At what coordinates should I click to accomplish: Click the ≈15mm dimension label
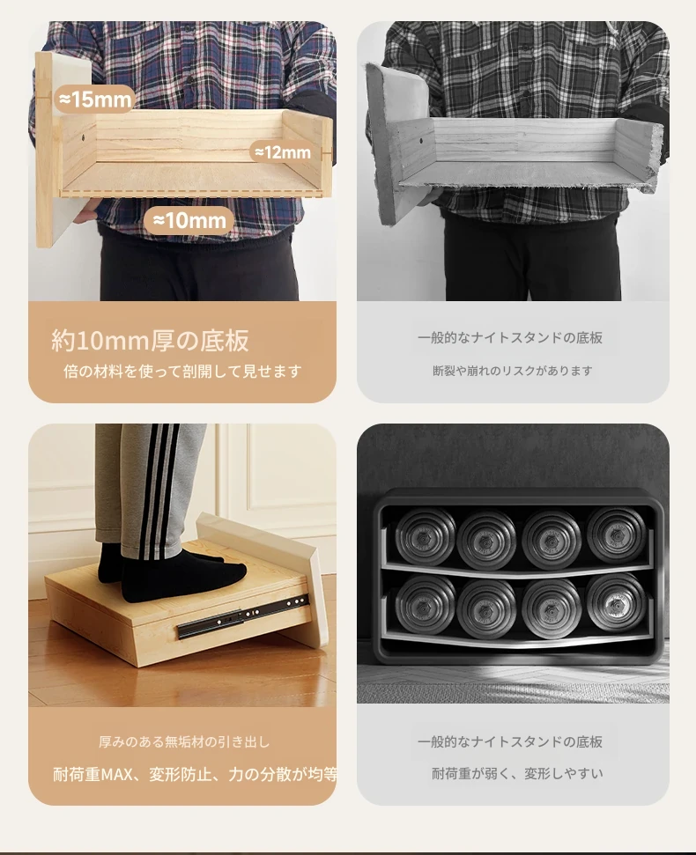(x=95, y=100)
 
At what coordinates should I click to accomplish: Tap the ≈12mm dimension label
(x=283, y=152)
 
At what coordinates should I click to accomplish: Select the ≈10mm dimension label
(x=189, y=220)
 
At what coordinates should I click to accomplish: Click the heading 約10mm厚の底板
(x=150, y=340)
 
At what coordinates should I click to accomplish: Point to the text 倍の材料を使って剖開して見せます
(x=182, y=372)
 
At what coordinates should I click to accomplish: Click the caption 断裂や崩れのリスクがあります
(x=513, y=371)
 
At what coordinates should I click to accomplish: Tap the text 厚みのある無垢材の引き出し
(x=184, y=741)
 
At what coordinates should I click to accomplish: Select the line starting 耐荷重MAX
(x=195, y=774)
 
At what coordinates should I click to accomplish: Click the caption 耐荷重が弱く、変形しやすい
(x=518, y=774)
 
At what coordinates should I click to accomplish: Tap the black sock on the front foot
(x=182, y=576)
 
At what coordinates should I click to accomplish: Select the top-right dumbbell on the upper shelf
(x=617, y=535)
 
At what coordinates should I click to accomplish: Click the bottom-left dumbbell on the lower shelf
(x=426, y=607)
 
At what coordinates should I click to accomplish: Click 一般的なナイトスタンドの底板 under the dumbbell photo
(x=510, y=741)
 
